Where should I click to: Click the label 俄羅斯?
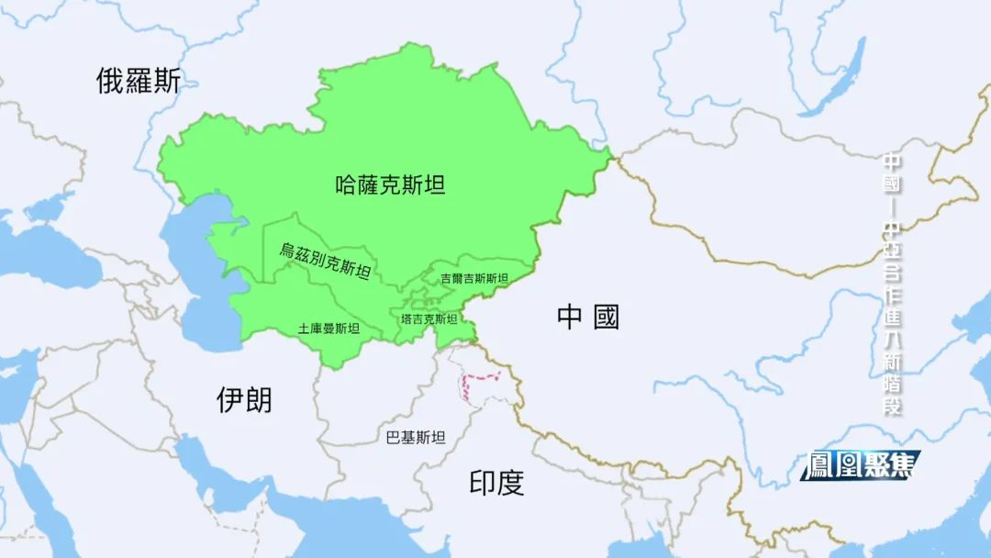click(139, 82)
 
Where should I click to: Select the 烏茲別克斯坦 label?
click(326, 260)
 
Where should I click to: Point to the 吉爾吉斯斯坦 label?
click(473, 278)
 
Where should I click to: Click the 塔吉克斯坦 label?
click(429, 319)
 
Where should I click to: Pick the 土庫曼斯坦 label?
click(328, 329)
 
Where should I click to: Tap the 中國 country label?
click(588, 318)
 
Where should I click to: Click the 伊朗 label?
click(244, 399)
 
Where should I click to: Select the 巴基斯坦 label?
click(416, 438)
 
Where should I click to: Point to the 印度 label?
click(496, 483)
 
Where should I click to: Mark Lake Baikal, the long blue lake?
click(840, 78)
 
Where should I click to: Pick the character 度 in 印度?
click(511, 483)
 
